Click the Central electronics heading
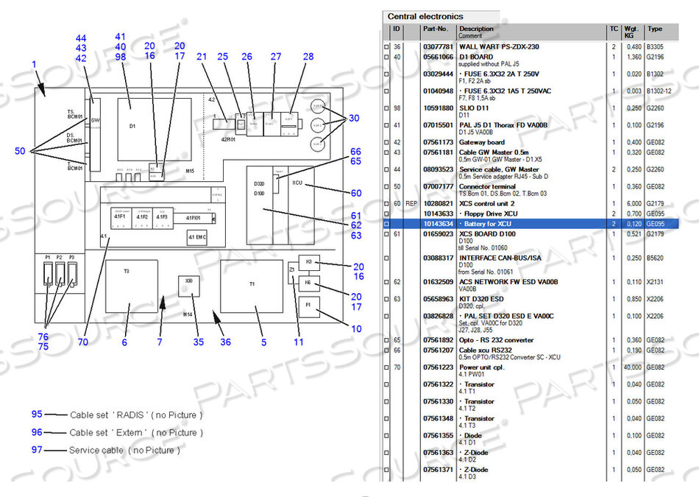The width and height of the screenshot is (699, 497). coord(425,16)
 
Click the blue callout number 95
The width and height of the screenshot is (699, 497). coord(37,415)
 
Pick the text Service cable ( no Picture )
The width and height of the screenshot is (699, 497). coord(124,450)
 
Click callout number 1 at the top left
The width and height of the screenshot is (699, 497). coord(34,65)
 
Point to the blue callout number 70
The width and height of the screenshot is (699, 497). coord(82,342)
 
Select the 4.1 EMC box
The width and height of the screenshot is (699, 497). coord(197,237)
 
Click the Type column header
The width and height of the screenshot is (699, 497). coord(655,29)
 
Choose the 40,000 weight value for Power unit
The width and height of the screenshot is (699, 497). coord(633,367)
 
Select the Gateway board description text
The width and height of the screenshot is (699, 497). coord(482,142)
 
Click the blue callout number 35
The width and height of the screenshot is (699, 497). coord(198,342)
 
